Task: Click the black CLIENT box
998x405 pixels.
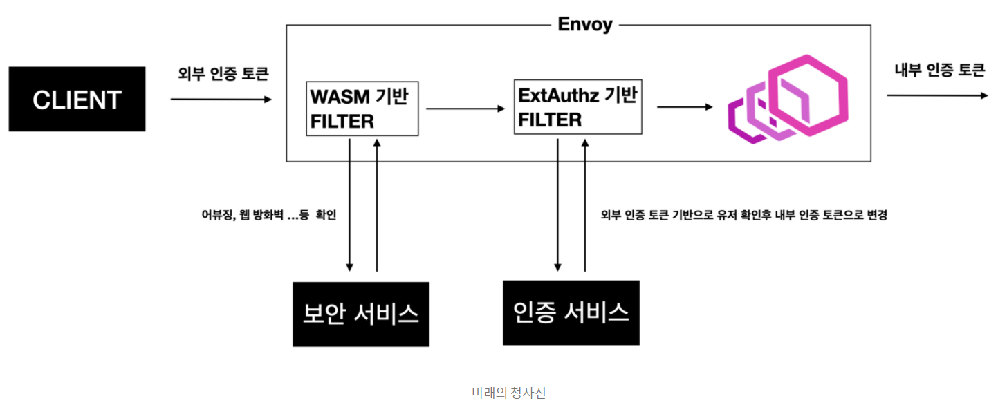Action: coord(77,99)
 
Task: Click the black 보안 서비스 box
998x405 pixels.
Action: coord(360,314)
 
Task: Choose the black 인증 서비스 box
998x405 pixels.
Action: coord(571,312)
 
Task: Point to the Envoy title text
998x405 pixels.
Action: coord(584,25)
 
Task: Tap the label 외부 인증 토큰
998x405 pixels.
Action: coord(221,74)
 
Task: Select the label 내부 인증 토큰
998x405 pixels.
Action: coord(939,70)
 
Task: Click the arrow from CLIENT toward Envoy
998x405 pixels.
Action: coord(221,100)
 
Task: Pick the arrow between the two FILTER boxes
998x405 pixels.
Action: coord(466,109)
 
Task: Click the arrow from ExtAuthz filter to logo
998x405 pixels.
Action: coord(684,106)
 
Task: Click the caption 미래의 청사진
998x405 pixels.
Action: coord(509,393)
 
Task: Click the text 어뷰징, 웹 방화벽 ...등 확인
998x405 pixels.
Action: coord(268,215)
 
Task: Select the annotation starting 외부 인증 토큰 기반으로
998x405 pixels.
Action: coord(744,215)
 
